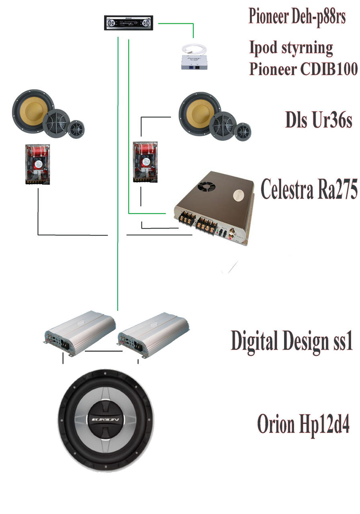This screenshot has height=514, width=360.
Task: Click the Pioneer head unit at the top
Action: pos(129,22)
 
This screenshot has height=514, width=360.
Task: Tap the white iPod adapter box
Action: pos(193,58)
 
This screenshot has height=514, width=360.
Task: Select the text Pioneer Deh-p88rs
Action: pos(297,16)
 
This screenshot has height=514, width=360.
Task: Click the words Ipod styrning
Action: pos(291,48)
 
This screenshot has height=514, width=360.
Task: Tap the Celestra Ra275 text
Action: pos(309,189)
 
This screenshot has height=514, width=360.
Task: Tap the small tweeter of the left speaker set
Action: pos(76,129)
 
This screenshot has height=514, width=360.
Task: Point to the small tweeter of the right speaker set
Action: pos(243,131)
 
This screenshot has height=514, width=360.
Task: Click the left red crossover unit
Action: pos(38,164)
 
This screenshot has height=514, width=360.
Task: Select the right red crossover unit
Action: pos(145,161)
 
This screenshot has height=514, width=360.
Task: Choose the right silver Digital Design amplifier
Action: pos(153,334)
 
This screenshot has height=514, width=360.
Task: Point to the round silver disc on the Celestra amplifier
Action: pos(239,195)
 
